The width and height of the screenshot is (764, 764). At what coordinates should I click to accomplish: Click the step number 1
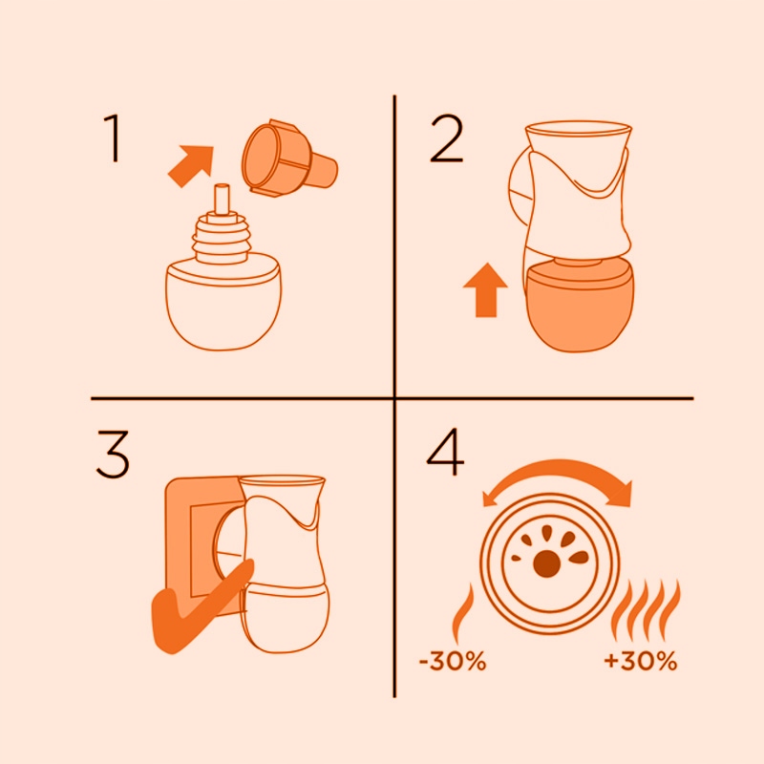pos(113,138)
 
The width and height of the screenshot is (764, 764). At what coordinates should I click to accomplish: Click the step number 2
pos(446,138)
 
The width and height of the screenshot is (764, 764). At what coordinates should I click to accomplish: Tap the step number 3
pos(113,455)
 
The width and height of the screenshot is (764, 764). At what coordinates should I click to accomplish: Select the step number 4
pos(445,451)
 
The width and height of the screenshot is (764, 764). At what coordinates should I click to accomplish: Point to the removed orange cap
pos(289,159)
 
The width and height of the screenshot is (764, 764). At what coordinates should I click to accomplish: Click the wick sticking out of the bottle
pos(222,199)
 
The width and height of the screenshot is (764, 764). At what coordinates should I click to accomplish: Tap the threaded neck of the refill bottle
pos(222,239)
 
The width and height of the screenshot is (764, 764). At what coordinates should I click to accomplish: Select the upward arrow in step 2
pos(485,290)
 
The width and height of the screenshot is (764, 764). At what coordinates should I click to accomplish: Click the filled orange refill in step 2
pos(581,306)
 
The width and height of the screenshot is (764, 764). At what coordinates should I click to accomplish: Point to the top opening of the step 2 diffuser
pos(579,129)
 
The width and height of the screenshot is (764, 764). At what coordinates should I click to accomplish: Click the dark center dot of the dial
pos(546,563)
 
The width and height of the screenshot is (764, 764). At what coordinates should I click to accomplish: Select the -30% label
pos(453,662)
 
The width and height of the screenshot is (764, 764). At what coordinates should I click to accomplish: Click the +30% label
pos(640,662)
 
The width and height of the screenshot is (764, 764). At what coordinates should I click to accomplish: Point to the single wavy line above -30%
pos(462,614)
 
